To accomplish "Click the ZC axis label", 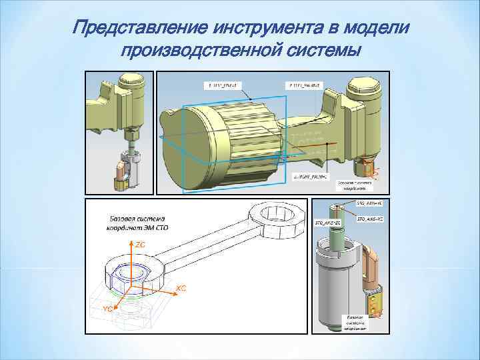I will point(141,245).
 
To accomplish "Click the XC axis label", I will point(181,288).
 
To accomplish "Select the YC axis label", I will point(107,309).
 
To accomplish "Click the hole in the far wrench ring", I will point(275,216).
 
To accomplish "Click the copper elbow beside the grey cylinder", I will point(368,260).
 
